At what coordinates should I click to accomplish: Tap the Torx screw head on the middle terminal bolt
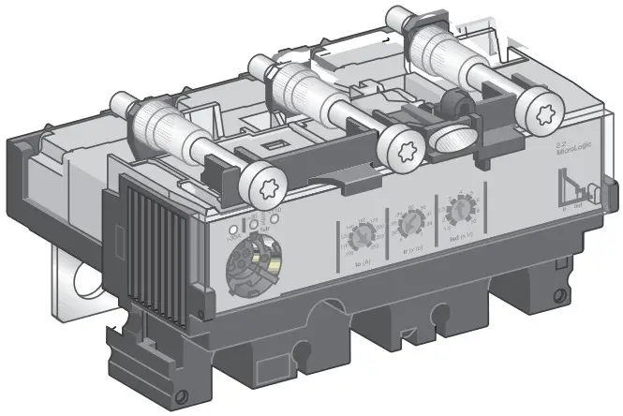[x=398, y=149]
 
